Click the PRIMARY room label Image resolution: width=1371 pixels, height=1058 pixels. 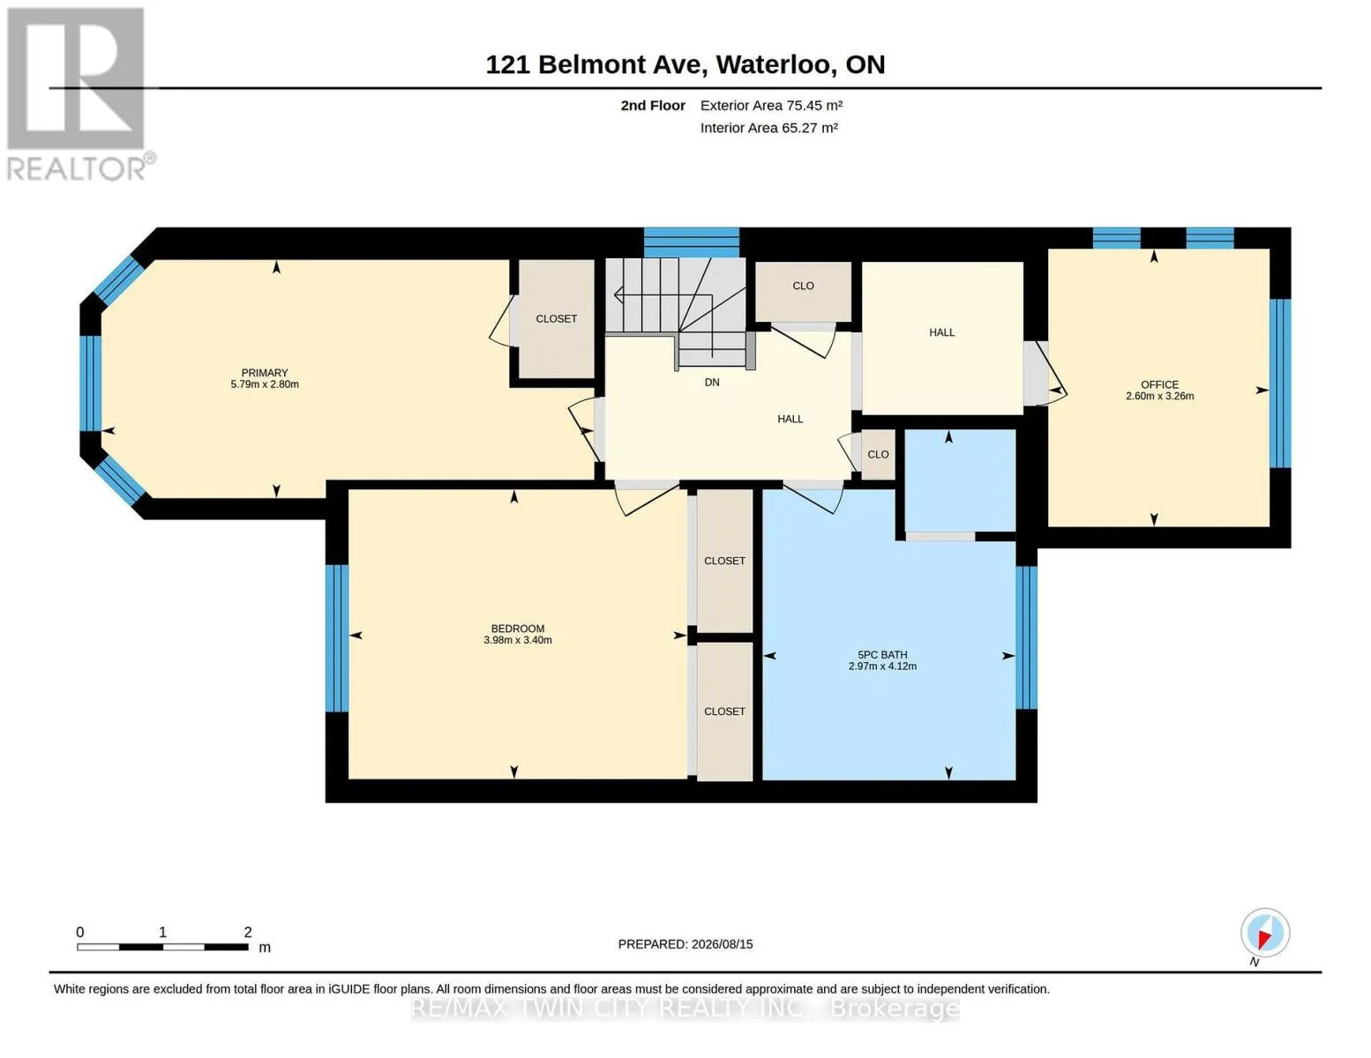coord(265,373)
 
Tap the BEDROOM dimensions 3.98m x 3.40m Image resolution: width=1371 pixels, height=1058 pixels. coord(517,640)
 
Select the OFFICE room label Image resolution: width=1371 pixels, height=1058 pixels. coord(1159,384)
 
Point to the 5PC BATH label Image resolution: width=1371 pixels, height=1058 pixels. coord(882,655)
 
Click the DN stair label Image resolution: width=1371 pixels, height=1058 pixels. coord(712,382)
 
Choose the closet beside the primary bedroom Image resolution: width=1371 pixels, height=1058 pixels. coord(556,319)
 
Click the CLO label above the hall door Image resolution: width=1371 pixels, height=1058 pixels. coord(803,286)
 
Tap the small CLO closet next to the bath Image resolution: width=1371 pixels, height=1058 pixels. coord(878,455)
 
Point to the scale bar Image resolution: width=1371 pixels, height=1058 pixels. coord(163,947)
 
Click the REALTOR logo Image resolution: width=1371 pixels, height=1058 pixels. coord(78,94)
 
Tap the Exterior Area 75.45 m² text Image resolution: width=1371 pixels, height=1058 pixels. coord(772,105)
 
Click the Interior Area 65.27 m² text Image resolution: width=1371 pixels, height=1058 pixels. coord(769,128)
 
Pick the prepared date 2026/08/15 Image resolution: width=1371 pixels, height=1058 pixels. coord(722,944)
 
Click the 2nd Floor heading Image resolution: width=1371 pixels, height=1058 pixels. coord(653,105)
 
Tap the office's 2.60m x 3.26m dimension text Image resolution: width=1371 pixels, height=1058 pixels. coord(1159,396)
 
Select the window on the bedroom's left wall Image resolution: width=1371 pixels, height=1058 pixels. coord(338,638)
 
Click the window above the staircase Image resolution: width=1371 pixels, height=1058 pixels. coord(692,242)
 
